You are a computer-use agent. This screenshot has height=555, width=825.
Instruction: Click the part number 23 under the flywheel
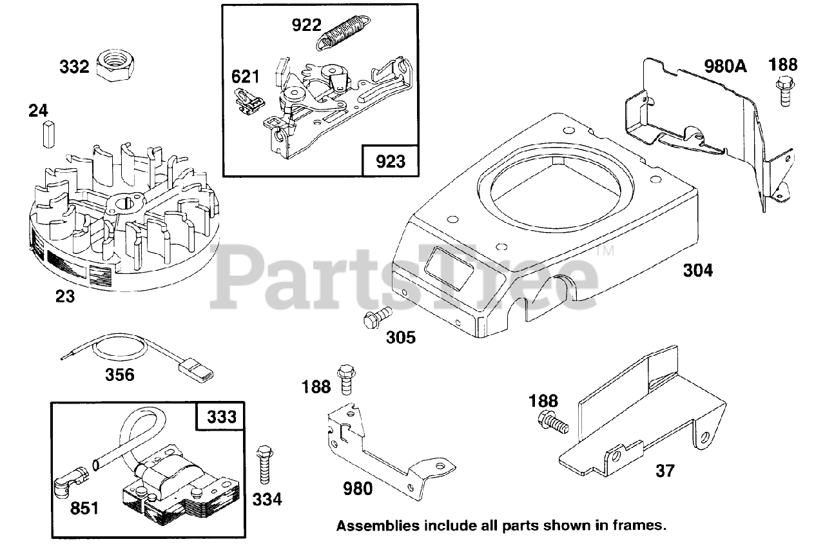[x=65, y=297]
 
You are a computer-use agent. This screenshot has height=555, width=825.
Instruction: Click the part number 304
[x=698, y=271]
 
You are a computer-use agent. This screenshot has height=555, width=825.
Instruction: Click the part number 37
[x=665, y=471]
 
